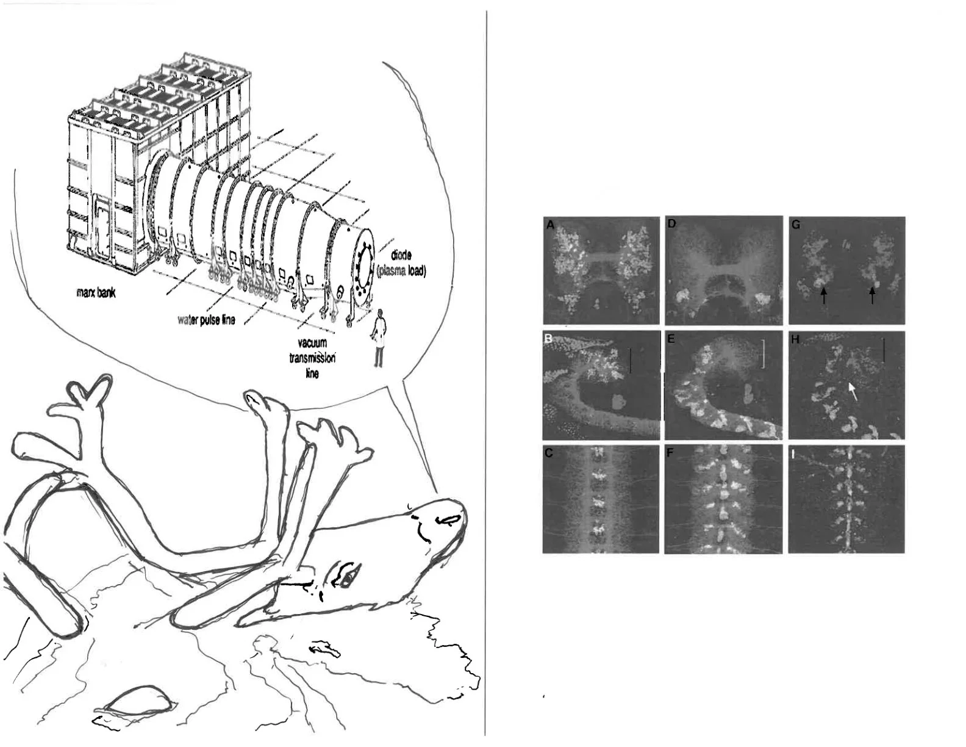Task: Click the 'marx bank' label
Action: (x=96, y=293)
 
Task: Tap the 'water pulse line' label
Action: (x=206, y=320)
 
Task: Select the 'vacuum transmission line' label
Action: (x=312, y=358)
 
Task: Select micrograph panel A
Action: (x=601, y=270)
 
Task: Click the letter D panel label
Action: (x=671, y=224)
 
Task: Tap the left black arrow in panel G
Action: (x=823, y=295)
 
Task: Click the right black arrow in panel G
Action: (x=872, y=295)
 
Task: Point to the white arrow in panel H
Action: (x=852, y=392)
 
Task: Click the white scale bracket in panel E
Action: (x=762, y=354)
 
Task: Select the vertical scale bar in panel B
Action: (x=631, y=360)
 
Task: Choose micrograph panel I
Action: (x=846, y=499)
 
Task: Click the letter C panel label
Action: (x=549, y=453)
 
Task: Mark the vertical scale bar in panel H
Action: (x=884, y=351)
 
